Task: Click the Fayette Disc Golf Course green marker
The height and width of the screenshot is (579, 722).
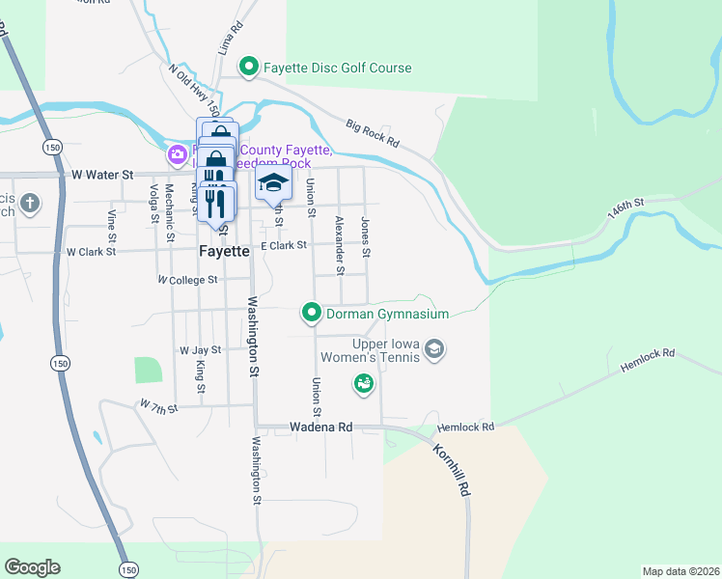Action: [248, 68]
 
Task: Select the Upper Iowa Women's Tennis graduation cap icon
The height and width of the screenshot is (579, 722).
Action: [434, 348]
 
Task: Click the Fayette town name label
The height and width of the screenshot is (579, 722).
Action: [224, 251]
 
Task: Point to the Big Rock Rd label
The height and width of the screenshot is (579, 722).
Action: [373, 133]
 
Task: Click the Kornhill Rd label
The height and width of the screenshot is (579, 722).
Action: [452, 470]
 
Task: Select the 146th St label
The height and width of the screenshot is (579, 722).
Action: [626, 206]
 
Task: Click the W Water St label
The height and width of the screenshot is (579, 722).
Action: [102, 176]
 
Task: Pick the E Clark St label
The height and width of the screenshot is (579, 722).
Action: [283, 246]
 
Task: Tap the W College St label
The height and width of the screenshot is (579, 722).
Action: [188, 280]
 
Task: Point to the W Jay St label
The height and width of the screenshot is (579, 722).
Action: [200, 350]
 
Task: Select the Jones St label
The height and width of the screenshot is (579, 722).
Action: [366, 236]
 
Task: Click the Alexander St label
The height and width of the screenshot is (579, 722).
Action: [339, 244]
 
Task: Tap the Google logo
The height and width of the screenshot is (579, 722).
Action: [32, 567]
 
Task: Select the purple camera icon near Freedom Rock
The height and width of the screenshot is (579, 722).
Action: [178, 154]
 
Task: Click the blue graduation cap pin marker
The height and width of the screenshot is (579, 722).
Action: [273, 183]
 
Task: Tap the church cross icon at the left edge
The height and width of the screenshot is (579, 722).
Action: [31, 204]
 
